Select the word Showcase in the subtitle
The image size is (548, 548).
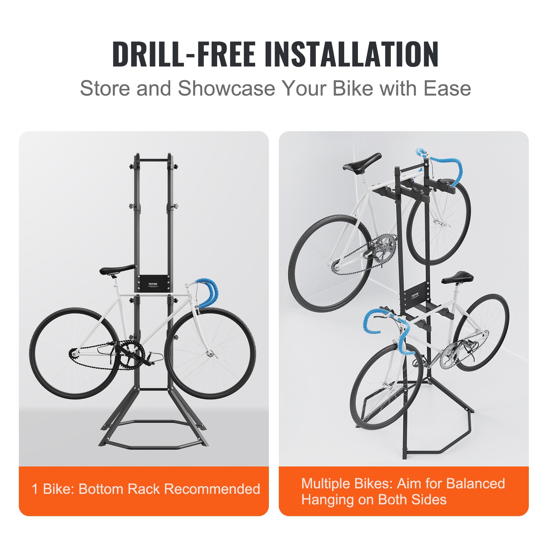tap(226, 88)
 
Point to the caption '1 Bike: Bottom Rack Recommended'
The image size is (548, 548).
tap(146, 489)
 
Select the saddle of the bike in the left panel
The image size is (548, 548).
tap(117, 270)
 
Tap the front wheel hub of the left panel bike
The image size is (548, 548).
tap(210, 353)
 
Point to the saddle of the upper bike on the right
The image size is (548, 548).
tap(362, 162)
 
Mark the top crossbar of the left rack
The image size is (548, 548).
tap(153, 160)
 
